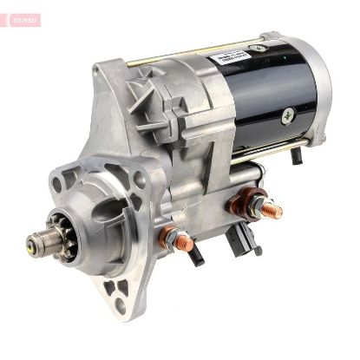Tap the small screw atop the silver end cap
click(x=257, y=48)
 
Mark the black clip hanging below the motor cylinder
click(x=298, y=156)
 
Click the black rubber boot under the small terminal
click(x=195, y=253)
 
